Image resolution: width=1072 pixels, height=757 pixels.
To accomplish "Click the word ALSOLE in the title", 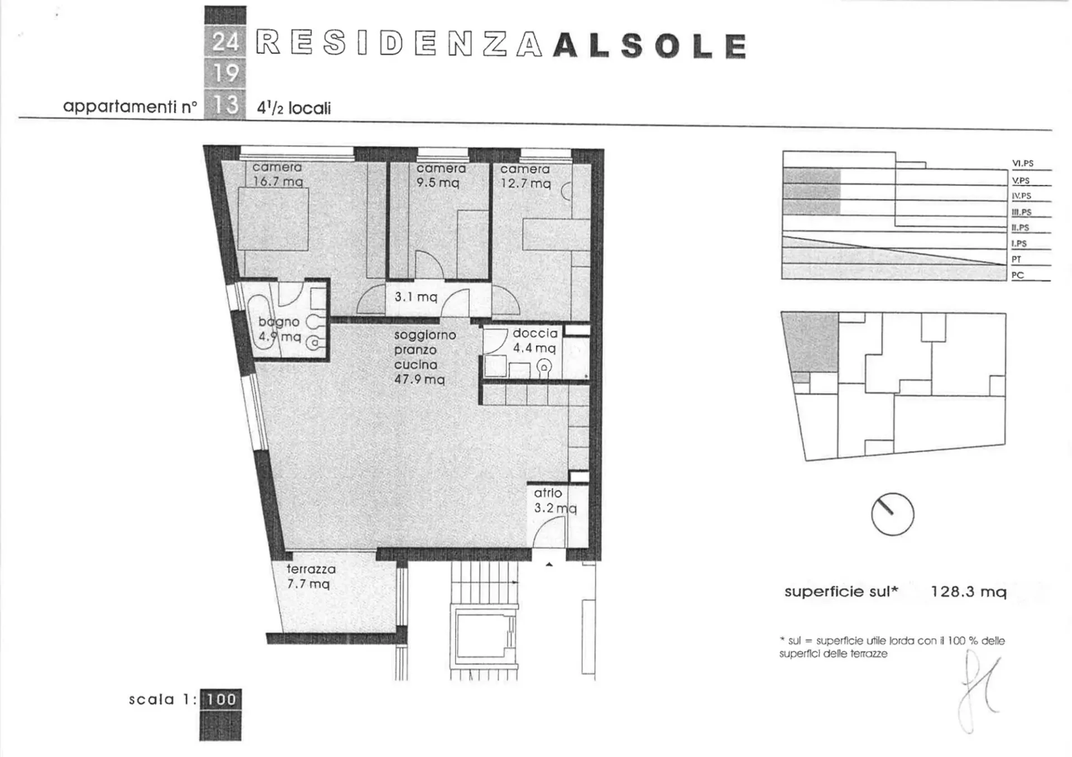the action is (650, 46).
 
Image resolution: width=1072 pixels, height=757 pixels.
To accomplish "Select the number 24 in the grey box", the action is (225, 41).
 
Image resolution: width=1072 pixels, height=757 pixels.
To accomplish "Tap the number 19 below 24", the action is (226, 73).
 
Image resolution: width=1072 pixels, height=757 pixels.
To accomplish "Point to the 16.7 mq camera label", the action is (277, 174).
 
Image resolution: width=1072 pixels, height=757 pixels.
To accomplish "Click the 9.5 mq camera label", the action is (441, 175).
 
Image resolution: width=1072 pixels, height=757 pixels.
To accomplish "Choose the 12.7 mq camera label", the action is (525, 176).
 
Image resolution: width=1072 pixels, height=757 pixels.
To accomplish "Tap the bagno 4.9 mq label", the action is (279, 329).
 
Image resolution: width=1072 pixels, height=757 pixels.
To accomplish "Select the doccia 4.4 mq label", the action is (535, 341).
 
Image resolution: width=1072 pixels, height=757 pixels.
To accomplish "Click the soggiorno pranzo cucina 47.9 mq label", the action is (425, 357).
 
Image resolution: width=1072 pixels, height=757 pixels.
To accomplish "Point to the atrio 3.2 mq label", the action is (554, 500).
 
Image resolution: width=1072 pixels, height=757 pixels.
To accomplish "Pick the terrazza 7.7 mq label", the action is (311, 576).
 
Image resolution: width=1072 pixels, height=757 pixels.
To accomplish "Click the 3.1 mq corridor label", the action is (416, 297).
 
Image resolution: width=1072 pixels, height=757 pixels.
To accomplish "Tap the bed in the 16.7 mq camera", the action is (273, 219).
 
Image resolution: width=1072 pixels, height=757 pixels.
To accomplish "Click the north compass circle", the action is (892, 514).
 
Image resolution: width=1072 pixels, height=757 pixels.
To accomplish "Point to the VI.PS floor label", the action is (1023, 164).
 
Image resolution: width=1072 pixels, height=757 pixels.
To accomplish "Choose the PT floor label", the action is (1016, 260).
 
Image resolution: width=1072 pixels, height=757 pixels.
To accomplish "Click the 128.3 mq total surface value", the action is (969, 592).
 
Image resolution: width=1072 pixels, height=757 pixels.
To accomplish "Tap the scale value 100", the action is (221, 699).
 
